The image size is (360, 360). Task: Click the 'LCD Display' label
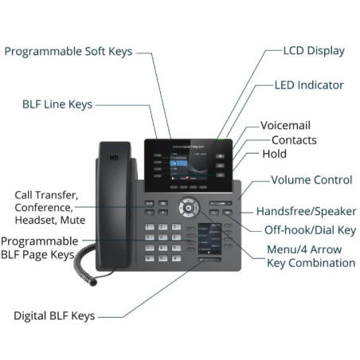coord(314,51)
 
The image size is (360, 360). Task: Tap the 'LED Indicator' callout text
coord(309,85)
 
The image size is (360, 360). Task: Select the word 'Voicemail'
coord(285,125)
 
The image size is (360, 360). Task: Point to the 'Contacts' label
coord(294,140)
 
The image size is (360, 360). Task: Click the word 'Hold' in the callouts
coord(274,154)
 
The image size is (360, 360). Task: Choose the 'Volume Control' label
coord(311,180)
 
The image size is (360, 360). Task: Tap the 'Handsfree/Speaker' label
coord(307,211)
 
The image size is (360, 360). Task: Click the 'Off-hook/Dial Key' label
coord(310,230)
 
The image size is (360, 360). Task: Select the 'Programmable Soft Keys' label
coord(68,52)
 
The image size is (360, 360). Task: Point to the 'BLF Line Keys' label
coord(57,104)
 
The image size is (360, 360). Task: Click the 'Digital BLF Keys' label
coord(54,316)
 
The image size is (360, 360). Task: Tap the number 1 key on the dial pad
coord(150,227)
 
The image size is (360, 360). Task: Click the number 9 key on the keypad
coord(176,248)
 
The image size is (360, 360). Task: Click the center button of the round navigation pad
coord(189,208)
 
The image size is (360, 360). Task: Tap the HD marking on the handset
coord(114,158)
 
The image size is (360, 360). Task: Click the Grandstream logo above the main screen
coord(188,147)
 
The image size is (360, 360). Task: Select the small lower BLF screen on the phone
coord(209,239)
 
